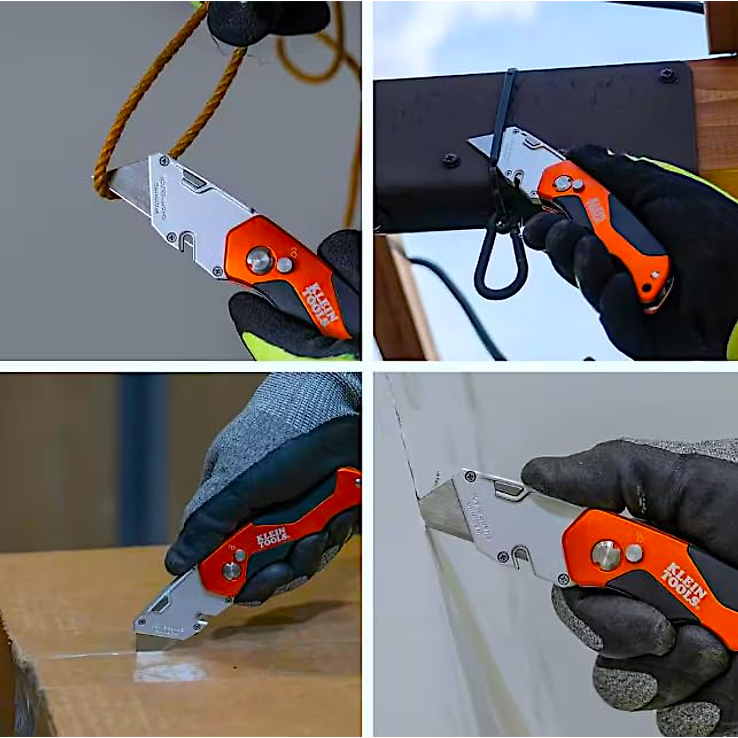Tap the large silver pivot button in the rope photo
(x=260, y=260)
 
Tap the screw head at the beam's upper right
(x=667, y=76)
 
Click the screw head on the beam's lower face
(x=451, y=160)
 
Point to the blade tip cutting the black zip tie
(x=477, y=142)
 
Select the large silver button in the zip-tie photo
(x=562, y=183)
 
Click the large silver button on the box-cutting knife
(x=231, y=571)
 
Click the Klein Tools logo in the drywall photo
(x=684, y=584)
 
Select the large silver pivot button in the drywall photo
(x=606, y=555)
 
